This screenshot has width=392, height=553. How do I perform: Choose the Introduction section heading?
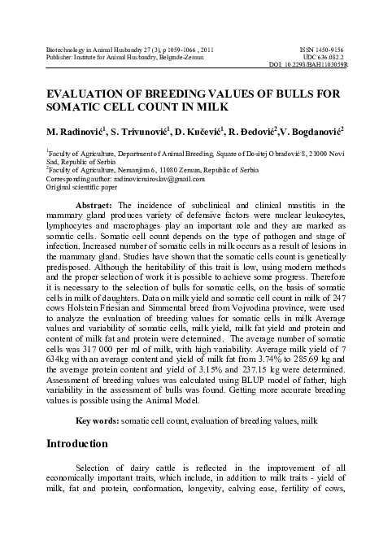coord(77,444)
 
